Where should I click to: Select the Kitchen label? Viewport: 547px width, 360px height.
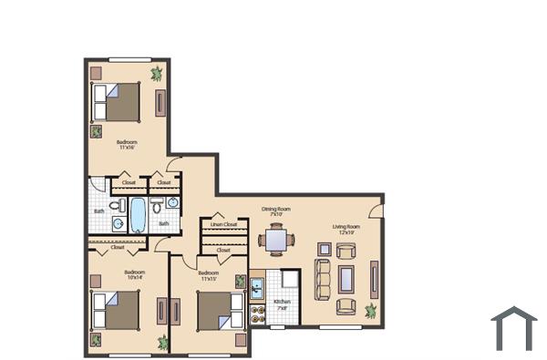pos(283,303)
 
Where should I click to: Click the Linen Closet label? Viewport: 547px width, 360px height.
pos(223,224)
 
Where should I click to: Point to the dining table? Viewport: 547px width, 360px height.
pos(276,241)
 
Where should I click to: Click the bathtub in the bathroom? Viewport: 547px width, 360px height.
pos(139,215)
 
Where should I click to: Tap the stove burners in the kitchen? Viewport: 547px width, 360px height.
pos(257,315)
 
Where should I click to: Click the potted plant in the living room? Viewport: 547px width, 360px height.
pos(371,311)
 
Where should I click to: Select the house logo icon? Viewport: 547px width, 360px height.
pos(513,329)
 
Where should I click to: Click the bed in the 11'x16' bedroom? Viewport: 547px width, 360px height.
pos(120,101)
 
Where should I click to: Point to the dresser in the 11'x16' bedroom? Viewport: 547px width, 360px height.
pos(160,102)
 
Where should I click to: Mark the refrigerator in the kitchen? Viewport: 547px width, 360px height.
pos(290,280)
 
